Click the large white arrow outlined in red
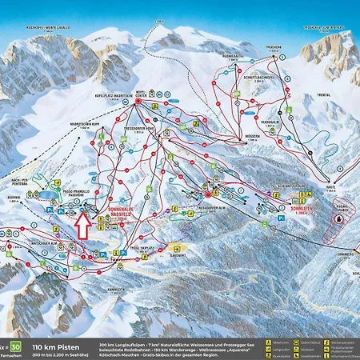(82, 226)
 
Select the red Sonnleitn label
(301, 213)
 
